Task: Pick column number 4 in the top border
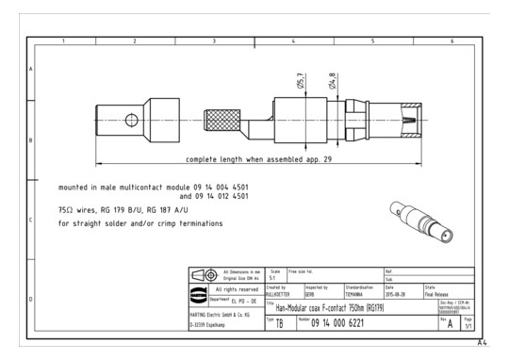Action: (294, 41)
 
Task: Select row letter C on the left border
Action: (31, 220)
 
